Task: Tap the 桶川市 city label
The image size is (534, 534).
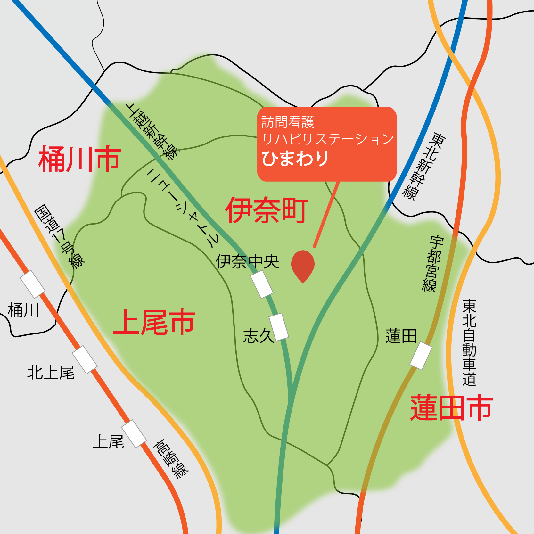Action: tap(79, 159)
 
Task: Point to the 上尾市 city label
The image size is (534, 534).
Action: tap(154, 322)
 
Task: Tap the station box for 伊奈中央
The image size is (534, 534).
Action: tap(262, 284)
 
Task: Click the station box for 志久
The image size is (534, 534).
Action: tap(279, 326)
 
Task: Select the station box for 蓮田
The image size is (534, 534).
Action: tap(421, 356)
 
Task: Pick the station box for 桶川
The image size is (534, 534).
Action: tap(32, 284)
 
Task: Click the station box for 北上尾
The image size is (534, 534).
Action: tap(85, 359)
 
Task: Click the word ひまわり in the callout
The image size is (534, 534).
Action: tap(295, 159)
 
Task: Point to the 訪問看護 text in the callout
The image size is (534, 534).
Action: tap(288, 122)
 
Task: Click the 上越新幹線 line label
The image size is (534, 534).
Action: tap(152, 131)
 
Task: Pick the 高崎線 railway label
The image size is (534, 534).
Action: tap(171, 459)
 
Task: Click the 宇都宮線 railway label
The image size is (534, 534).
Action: tap(433, 264)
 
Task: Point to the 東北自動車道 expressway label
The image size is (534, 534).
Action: tap(469, 342)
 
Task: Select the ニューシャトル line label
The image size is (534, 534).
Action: tap(182, 208)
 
